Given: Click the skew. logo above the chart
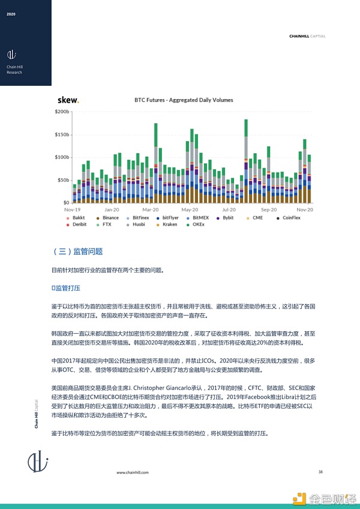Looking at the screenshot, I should pos(68,100).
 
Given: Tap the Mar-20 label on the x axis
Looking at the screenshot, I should pos(151,210).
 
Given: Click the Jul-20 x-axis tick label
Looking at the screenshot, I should pos(229,210).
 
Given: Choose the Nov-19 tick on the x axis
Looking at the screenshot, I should pos(73,210).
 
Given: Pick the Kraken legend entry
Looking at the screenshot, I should pos(169,224).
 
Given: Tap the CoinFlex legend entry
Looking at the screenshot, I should pos(295,218).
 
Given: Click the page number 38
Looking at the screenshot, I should pos(320,472).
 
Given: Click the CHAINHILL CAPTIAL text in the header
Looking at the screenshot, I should pos(307,36).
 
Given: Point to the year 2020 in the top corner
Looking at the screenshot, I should pos(11,14).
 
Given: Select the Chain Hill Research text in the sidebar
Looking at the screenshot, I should pos(14,70).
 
